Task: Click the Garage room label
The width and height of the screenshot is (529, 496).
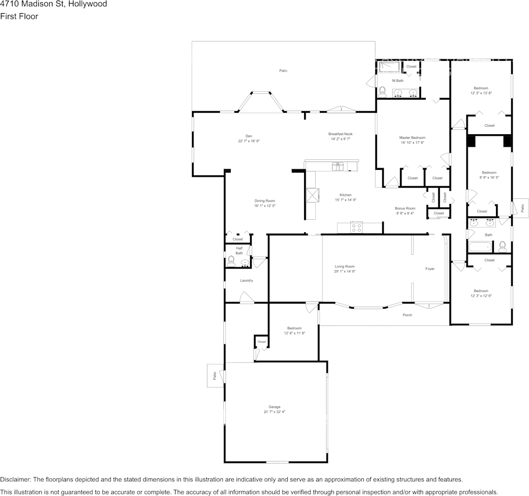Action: [274, 407]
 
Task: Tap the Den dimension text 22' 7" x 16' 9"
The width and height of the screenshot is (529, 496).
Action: [249, 141]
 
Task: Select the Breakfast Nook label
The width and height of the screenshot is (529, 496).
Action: [340, 134]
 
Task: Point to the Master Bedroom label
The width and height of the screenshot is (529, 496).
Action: [412, 137]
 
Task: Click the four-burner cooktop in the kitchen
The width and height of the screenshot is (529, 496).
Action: [357, 228]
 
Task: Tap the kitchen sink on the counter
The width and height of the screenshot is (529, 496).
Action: [338, 167]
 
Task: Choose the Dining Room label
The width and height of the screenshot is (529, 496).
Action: [265, 201]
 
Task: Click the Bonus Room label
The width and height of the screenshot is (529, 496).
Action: [405, 208]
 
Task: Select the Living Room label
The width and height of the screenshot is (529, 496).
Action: [344, 266]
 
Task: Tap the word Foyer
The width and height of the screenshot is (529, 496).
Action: [430, 269]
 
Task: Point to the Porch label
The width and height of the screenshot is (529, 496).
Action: [407, 315]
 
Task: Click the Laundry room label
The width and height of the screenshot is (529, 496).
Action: [246, 281]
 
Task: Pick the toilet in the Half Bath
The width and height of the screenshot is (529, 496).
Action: [231, 260]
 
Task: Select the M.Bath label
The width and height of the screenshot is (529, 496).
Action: [398, 81]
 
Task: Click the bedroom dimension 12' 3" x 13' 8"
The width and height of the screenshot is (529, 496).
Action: [481, 93]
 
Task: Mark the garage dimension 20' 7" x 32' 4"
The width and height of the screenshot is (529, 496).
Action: [274, 412]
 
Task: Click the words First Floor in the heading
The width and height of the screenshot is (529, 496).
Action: [19, 16]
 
